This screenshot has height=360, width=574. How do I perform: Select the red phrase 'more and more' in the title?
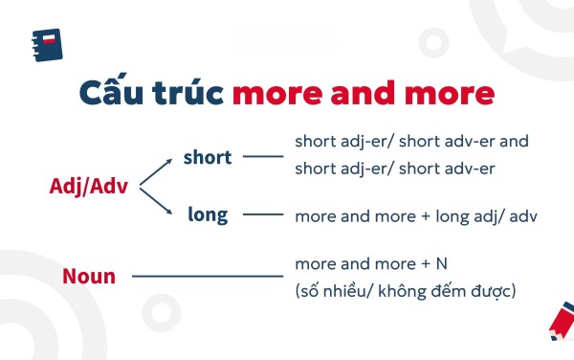click(x=364, y=95)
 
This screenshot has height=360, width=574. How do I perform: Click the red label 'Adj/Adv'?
click(x=93, y=186)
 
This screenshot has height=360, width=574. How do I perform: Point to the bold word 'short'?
click(x=208, y=157)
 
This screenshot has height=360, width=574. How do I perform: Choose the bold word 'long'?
click(x=208, y=214)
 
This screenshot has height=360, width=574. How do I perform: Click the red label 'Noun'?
click(x=89, y=277)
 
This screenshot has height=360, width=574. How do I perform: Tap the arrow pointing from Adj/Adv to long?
click(x=158, y=203)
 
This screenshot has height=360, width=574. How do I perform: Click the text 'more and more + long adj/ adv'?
click(x=416, y=215)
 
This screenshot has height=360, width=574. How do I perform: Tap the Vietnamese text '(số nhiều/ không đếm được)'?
click(x=406, y=290)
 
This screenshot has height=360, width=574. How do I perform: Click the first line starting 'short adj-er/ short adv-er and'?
click(x=411, y=141)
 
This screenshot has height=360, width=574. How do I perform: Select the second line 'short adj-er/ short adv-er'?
click(x=394, y=169)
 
